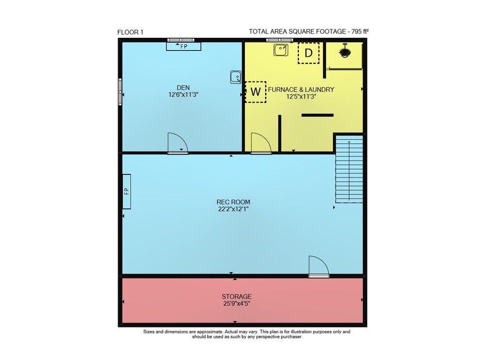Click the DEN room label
(183, 87)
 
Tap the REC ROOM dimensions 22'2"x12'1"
(233, 209)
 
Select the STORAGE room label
(237, 296)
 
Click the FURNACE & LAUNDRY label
(301, 89)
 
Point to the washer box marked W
(256, 92)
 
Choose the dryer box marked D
(309, 53)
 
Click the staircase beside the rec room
(349, 169)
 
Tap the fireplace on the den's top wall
(184, 47)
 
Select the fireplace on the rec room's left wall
(126, 191)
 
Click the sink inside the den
(236, 77)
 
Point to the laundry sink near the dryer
(281, 50)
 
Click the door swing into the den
(177, 143)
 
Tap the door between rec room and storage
(319, 266)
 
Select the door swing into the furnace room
(261, 143)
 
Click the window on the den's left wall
(120, 92)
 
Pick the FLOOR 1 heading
(130, 32)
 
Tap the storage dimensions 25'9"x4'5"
(237, 304)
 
